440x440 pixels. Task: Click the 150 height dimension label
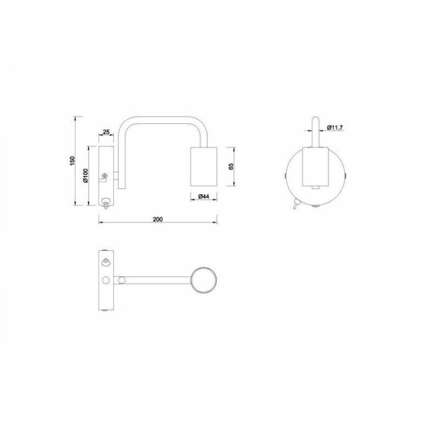[72, 161]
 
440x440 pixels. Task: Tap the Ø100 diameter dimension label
[85, 175]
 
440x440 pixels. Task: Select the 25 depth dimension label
[106, 131]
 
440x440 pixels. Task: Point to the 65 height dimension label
[231, 167]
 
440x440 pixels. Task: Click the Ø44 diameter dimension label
[204, 196]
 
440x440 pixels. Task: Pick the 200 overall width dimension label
[158, 219]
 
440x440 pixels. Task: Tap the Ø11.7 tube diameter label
[335, 128]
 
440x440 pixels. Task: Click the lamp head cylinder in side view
[204, 167]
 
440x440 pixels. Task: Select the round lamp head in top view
[204, 280]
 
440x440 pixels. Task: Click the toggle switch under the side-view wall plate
[106, 202]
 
